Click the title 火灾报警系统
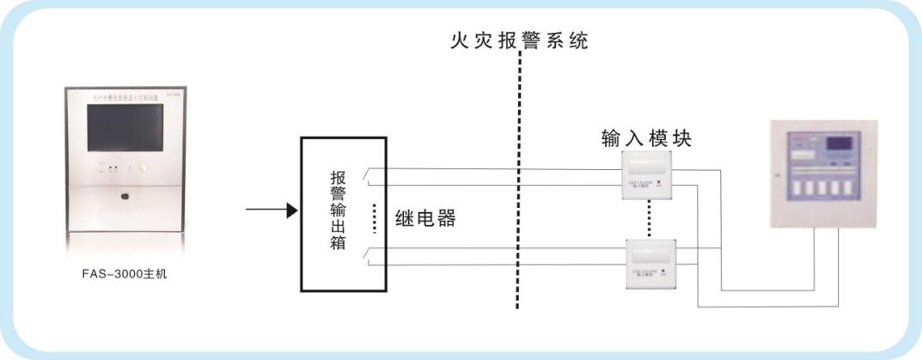519,40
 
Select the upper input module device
646,176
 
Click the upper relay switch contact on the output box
368,177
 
